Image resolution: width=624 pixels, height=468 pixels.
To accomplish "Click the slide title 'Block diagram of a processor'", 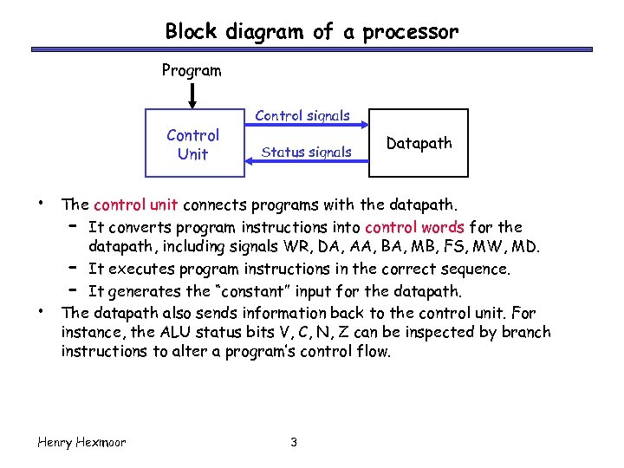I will pyautogui.click(x=311, y=32).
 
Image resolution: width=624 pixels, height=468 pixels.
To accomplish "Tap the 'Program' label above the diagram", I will pyautogui.click(x=192, y=71).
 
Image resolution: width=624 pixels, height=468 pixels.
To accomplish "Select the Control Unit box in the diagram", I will pyautogui.click(x=192, y=144).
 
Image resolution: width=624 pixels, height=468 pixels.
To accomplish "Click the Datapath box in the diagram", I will pyautogui.click(x=419, y=143).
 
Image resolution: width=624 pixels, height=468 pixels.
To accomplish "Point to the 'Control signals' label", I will pyautogui.click(x=302, y=115).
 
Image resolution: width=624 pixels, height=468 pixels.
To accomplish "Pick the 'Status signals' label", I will pyautogui.click(x=307, y=153).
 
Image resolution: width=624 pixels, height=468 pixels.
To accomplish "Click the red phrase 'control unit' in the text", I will pyautogui.click(x=135, y=205).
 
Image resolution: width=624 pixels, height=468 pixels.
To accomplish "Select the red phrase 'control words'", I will pyautogui.click(x=414, y=227).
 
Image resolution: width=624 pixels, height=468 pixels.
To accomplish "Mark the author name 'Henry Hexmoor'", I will pyautogui.click(x=82, y=443).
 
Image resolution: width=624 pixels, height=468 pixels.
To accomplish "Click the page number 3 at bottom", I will pyautogui.click(x=294, y=443).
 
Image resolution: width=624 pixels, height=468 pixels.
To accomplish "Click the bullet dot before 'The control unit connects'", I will pyautogui.click(x=41, y=205).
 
